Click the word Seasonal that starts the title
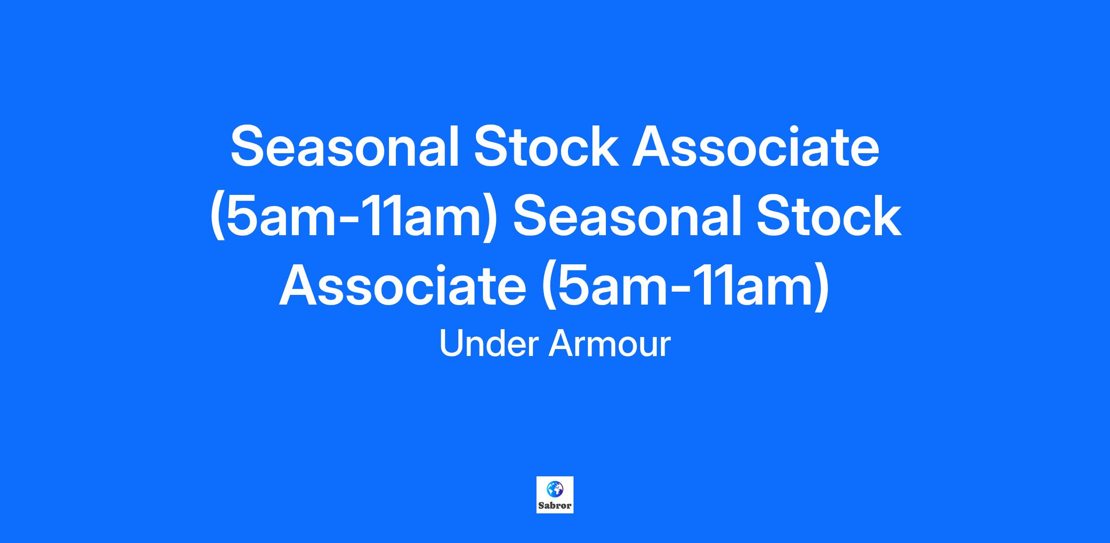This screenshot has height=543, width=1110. click(x=345, y=146)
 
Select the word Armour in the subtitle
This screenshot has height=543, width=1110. click(x=609, y=343)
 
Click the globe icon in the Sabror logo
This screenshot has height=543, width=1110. click(x=555, y=489)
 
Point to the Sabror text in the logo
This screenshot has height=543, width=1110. click(x=555, y=506)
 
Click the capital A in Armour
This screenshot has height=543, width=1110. click(x=561, y=343)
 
